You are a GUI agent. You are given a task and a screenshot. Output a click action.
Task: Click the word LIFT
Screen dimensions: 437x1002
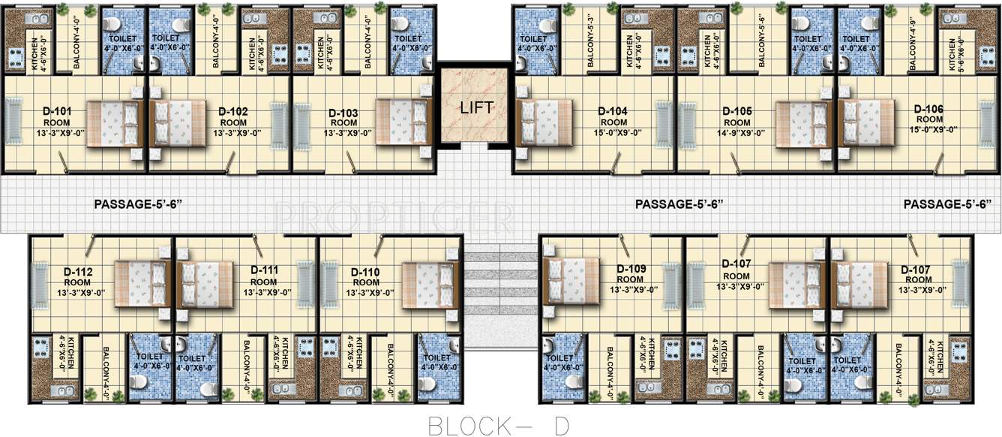[x=476, y=107]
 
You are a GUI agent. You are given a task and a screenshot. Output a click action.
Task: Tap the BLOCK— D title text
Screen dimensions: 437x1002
[x=499, y=424]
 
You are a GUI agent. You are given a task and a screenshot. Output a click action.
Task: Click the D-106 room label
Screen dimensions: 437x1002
[x=928, y=109]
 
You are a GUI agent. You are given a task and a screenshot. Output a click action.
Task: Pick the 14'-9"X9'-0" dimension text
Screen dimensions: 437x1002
[x=737, y=133]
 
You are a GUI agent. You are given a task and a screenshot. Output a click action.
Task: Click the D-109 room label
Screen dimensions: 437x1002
[x=631, y=269]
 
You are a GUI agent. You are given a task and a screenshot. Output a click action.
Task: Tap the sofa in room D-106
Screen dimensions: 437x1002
[x=989, y=124]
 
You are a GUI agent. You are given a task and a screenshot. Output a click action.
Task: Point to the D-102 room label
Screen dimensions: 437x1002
[x=233, y=112]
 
